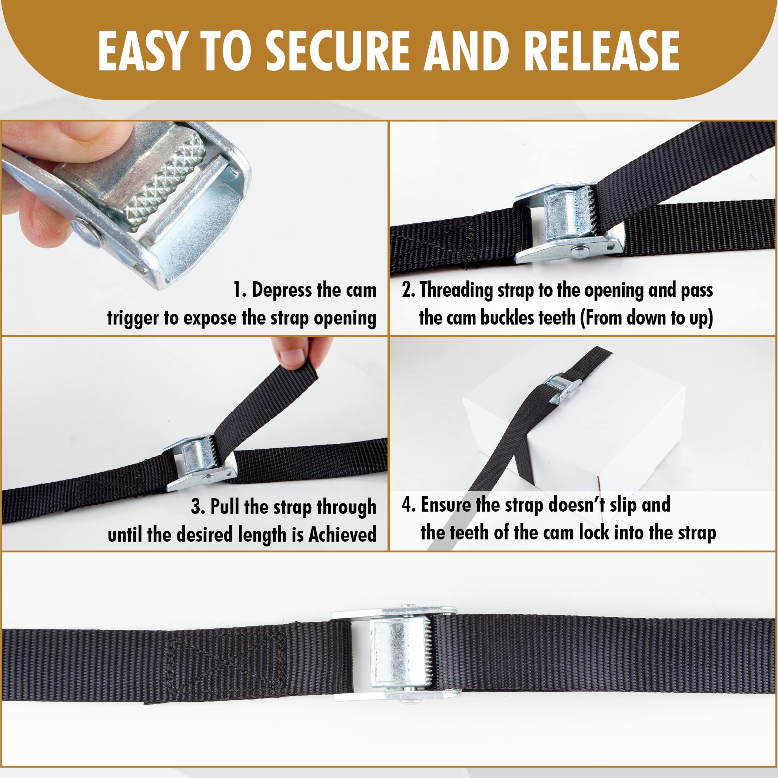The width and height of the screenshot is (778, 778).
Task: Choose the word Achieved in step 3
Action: [x=342, y=534]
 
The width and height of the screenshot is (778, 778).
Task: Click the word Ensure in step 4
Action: [x=446, y=505]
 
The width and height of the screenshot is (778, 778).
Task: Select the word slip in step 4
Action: [x=622, y=505]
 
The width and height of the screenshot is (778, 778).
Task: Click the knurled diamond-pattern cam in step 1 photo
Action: [x=165, y=181]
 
